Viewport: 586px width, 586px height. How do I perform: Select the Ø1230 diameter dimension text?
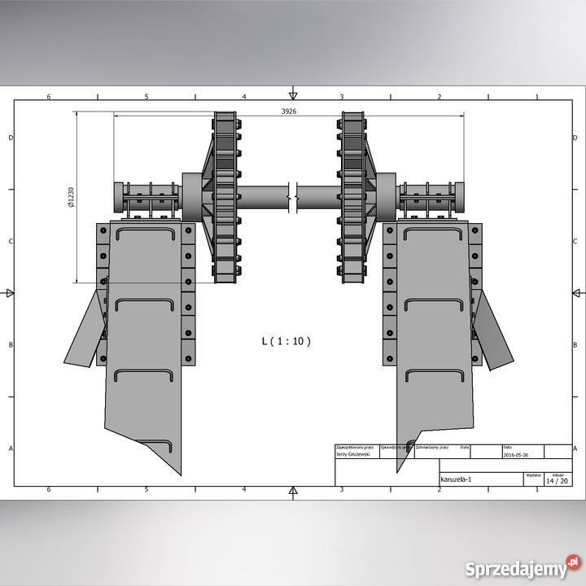click(72, 199)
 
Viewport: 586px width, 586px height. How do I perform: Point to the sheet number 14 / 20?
click(558, 481)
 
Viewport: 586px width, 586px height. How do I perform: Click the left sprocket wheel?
click(225, 198)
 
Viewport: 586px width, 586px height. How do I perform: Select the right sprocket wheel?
click(352, 198)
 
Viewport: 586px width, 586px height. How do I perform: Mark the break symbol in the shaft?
click(295, 196)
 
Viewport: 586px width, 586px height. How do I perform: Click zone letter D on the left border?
click(10, 138)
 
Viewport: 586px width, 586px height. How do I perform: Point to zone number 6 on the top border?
click(49, 97)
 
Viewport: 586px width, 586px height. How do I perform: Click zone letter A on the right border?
click(577, 448)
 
